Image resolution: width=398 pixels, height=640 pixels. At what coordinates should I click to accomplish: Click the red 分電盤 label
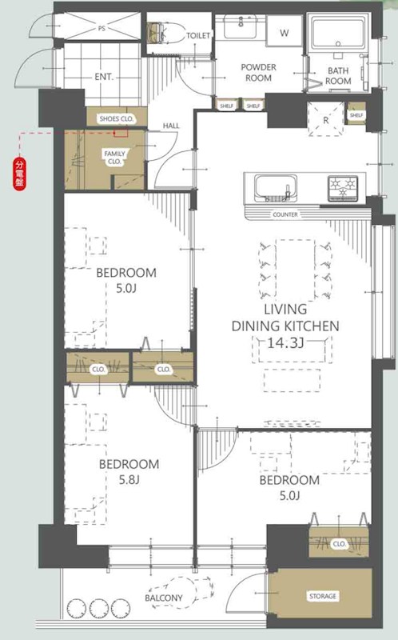pyautogui.click(x=19, y=174)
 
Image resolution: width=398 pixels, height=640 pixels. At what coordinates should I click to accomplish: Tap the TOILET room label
pyautogui.click(x=198, y=36)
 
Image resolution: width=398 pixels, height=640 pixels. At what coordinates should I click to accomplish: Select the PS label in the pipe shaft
pyautogui.click(x=101, y=29)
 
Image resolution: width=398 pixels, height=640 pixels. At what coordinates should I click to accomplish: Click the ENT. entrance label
pyautogui.click(x=104, y=77)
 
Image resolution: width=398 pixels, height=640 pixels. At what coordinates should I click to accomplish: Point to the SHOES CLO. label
pyautogui.click(x=117, y=118)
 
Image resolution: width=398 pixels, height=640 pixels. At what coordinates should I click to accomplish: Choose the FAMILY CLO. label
pyautogui.click(x=114, y=157)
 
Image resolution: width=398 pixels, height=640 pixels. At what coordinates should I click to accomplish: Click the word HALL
pyautogui.click(x=171, y=126)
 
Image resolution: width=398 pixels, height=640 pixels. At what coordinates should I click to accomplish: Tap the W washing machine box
pyautogui.click(x=285, y=31)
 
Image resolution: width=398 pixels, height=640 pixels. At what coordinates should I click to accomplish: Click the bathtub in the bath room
pyautogui.click(x=338, y=34)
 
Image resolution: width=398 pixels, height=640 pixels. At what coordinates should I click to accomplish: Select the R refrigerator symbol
pyautogui.click(x=325, y=119)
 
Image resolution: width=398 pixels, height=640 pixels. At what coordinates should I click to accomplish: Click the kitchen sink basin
pyautogui.click(x=275, y=188)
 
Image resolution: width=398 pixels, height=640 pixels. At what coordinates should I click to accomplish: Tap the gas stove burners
pyautogui.click(x=343, y=188)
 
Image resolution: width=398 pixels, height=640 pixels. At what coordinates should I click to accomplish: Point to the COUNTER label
pyautogui.click(x=285, y=214)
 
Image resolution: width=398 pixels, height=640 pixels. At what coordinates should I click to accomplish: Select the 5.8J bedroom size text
pyautogui.click(x=129, y=480)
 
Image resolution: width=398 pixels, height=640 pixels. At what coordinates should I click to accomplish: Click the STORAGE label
pyautogui.click(x=323, y=596)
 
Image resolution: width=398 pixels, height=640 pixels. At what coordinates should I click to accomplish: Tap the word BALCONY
pyautogui.click(x=164, y=598)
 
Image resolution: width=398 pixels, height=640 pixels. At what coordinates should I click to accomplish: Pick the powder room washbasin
pyautogui.click(x=241, y=27)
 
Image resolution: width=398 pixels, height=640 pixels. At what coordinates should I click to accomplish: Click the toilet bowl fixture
pyautogui.click(x=163, y=32)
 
